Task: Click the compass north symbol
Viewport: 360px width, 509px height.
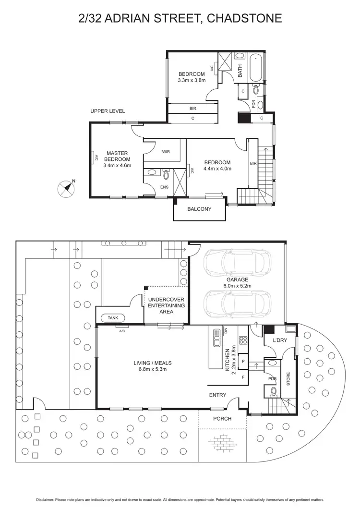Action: [x=65, y=189]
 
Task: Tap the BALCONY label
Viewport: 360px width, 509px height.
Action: [x=199, y=209]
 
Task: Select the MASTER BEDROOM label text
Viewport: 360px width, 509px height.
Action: [x=117, y=156]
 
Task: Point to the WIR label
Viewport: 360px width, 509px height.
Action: [x=166, y=152]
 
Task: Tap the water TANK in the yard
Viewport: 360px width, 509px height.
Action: [x=112, y=317]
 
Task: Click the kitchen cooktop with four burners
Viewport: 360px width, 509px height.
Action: [x=242, y=341]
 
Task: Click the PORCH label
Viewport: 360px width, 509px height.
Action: [x=222, y=419]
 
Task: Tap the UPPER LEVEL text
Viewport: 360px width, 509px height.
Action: [x=108, y=111]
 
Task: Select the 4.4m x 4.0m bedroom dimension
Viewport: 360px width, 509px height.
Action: [x=217, y=169]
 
